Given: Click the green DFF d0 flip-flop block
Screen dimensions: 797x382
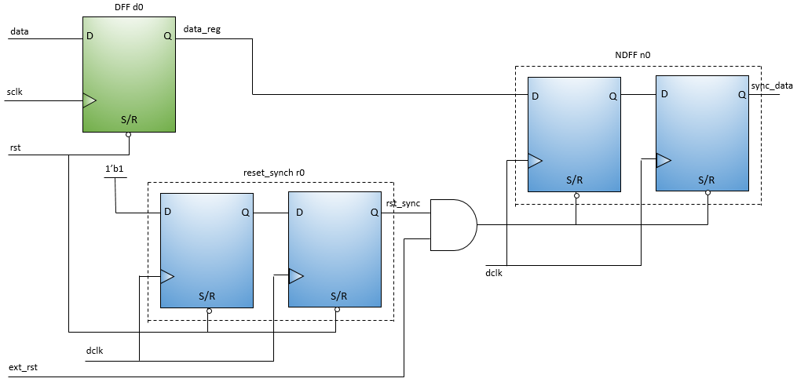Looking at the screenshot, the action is tap(129, 75).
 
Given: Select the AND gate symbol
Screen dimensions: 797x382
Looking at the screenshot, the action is tap(453, 225).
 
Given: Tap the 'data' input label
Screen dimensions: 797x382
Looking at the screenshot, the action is tap(20, 31).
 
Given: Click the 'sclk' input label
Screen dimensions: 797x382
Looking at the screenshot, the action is tap(15, 92).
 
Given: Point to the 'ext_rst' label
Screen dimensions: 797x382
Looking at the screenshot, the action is tap(24, 367).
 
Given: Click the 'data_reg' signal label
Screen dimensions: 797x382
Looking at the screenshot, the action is tap(202, 29).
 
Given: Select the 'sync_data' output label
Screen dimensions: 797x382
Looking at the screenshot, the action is tap(772, 85).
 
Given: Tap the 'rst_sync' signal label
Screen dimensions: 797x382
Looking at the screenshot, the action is tap(403, 204).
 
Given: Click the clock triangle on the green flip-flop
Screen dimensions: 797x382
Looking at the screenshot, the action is tap(90, 100).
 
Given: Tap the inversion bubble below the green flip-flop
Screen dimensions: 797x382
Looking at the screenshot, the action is tap(129, 135).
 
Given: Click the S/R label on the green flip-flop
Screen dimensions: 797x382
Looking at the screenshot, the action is tap(129, 120).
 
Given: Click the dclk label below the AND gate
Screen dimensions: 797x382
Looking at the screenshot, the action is tap(495, 274).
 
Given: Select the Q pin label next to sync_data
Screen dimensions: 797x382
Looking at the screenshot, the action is tap(742, 94).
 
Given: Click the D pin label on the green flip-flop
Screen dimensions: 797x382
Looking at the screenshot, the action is tap(90, 36).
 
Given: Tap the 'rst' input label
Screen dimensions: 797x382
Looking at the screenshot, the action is tap(15, 147).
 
